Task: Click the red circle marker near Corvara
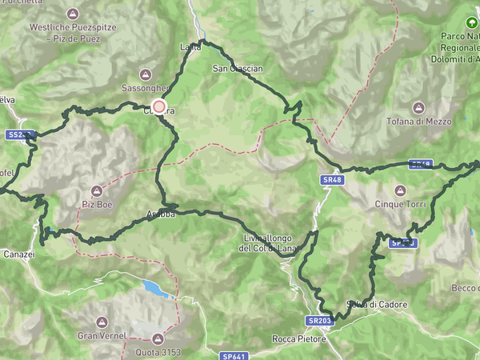[x=158, y=106]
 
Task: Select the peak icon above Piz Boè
[x=96, y=190]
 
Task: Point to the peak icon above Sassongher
[x=145, y=73]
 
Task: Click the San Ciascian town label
[x=237, y=69]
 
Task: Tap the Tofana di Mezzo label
[x=418, y=121]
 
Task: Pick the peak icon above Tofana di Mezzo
[x=418, y=107]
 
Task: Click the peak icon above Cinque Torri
[x=399, y=190]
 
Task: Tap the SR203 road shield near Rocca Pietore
[x=318, y=321]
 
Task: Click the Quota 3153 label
[x=157, y=352]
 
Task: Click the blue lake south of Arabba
[x=157, y=288]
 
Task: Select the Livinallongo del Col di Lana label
[x=267, y=243]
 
